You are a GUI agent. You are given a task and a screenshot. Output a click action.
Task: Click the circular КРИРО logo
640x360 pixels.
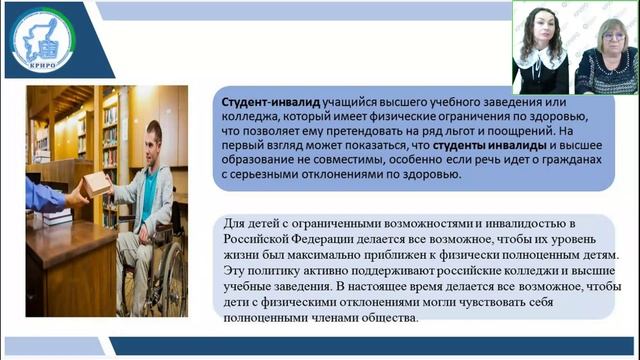(x=47, y=40)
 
